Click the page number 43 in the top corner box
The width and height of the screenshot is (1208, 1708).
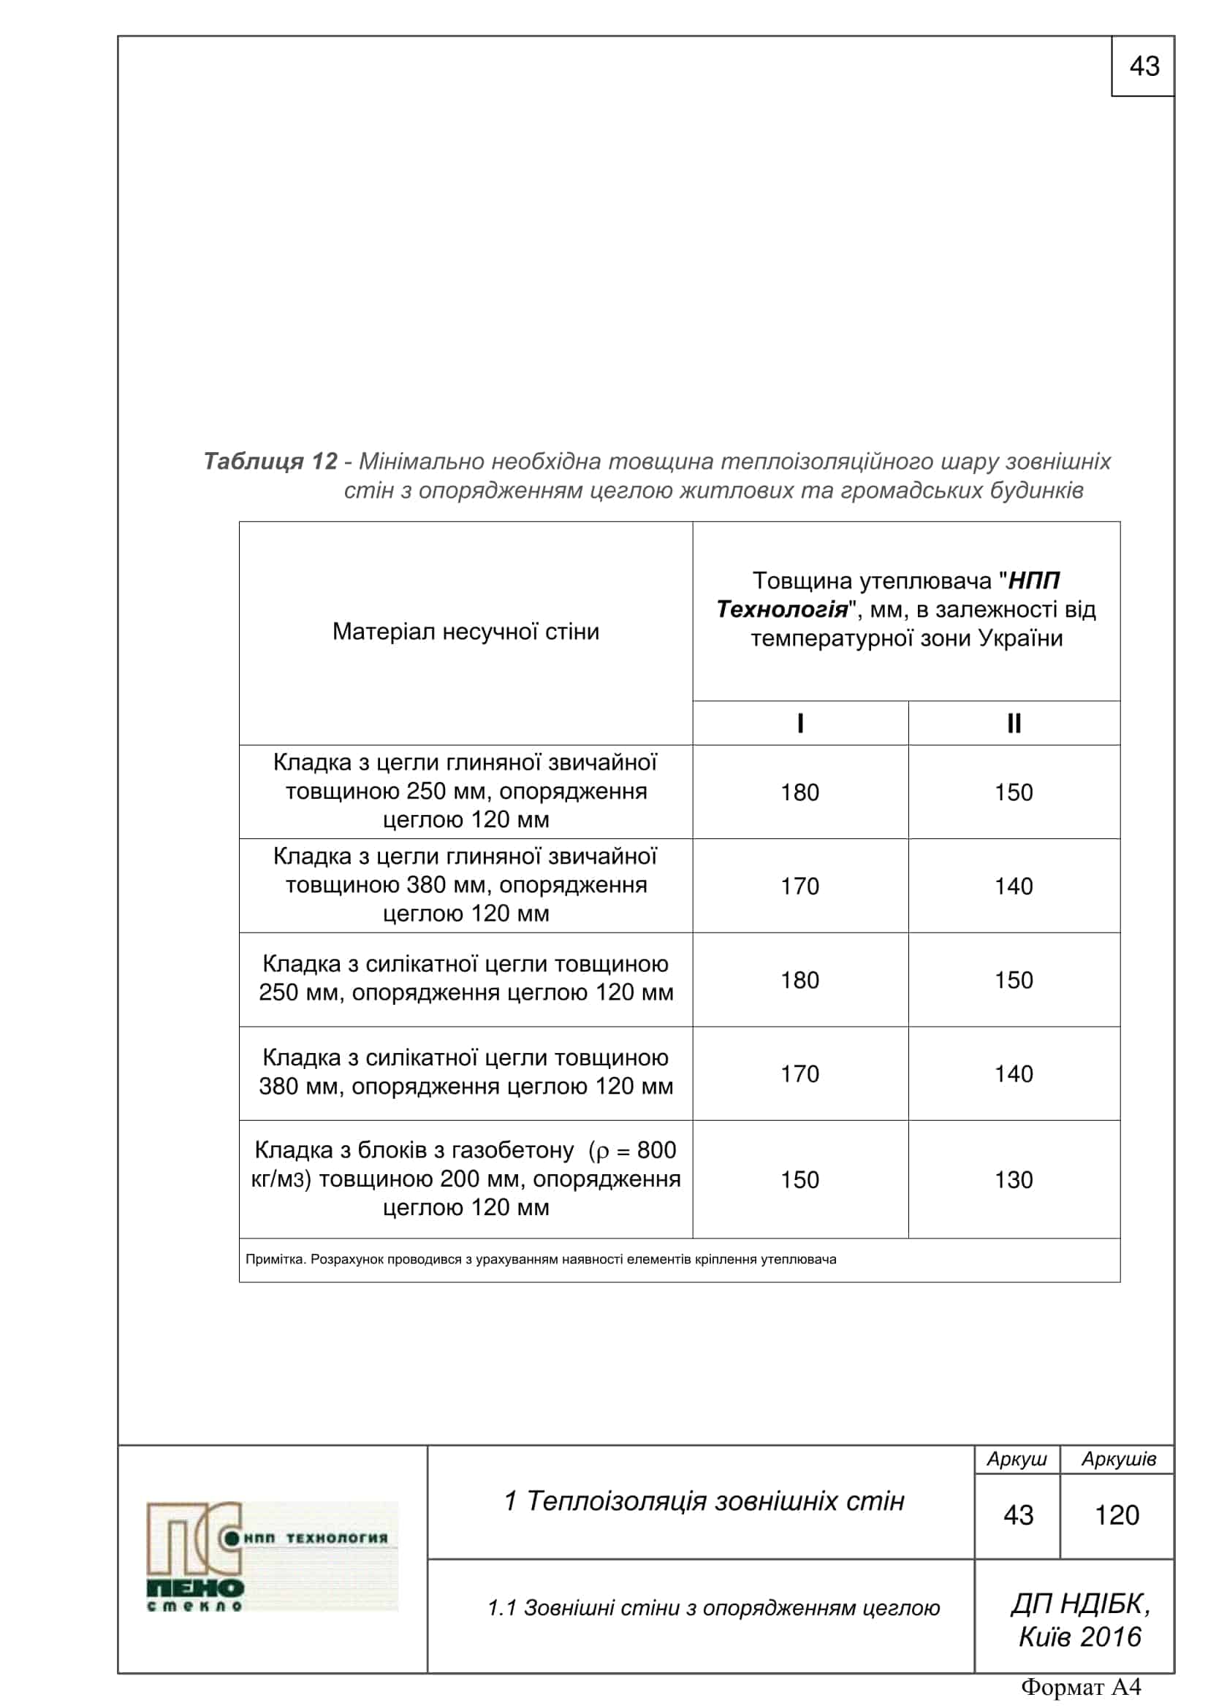tap(1143, 67)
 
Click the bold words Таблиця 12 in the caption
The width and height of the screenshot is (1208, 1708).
tap(270, 462)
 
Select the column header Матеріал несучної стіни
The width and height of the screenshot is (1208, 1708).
tap(466, 632)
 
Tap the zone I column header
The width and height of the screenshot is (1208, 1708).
tap(800, 723)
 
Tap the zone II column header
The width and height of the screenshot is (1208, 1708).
tap(1014, 723)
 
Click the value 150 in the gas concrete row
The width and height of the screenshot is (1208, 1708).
tap(799, 1179)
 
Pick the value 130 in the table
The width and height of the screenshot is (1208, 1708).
tap(1014, 1179)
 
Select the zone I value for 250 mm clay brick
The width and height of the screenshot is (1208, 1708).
tap(799, 792)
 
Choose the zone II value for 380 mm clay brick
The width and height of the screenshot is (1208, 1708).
tap(1014, 886)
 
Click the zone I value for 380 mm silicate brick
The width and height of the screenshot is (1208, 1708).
tap(799, 1073)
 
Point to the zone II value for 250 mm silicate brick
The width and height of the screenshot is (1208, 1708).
tap(1014, 980)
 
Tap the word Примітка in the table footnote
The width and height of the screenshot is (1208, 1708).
tap(275, 1260)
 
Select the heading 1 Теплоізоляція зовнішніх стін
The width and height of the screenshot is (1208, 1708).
tap(703, 1501)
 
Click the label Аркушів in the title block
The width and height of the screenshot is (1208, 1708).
tap(1118, 1459)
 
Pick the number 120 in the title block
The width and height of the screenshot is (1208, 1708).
tap(1117, 1515)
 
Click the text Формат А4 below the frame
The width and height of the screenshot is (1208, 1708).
tap(1080, 1686)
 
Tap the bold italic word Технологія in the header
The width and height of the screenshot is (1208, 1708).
tap(781, 610)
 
